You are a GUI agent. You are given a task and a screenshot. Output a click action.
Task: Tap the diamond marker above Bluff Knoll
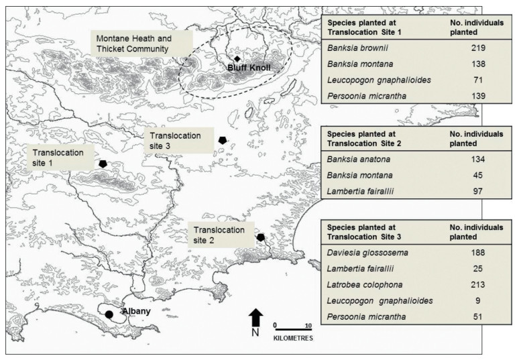[237, 59]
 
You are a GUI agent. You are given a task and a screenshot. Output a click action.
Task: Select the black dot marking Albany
[109, 314]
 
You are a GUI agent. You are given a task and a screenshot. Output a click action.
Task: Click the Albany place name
[136, 312]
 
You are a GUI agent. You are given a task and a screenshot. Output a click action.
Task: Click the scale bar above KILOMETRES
[292, 328]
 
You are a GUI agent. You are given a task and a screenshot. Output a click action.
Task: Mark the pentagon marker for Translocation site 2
[260, 237]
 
